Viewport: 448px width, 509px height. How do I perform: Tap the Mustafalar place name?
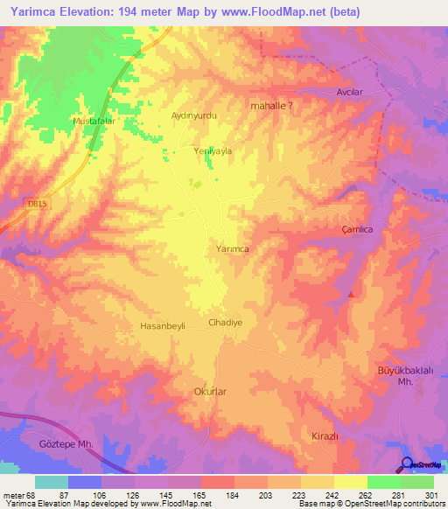coord(94,120)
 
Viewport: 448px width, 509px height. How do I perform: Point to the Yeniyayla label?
coord(213,151)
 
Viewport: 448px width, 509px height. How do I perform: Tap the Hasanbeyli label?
coord(163,326)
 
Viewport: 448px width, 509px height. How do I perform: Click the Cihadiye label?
coord(225,322)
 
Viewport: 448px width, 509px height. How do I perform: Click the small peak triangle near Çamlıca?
coord(352,294)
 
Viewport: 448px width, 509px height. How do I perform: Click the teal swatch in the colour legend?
coord(52,482)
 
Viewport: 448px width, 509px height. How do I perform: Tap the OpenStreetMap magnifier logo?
coord(409,465)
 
